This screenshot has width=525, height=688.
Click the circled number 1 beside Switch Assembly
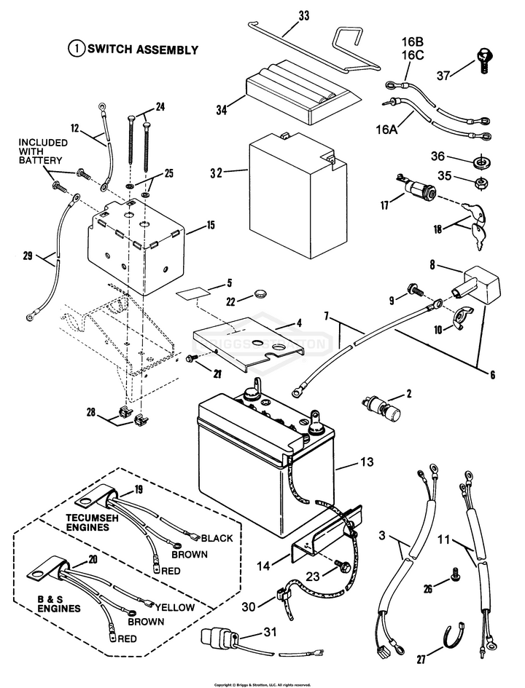pos(77,49)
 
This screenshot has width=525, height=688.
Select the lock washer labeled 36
pos(481,162)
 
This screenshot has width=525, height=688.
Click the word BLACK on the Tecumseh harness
pos(217,538)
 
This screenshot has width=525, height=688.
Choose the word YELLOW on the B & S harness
pos(174,607)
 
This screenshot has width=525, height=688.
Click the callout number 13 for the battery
pos(367,462)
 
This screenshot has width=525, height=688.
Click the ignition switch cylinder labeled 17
pos(416,189)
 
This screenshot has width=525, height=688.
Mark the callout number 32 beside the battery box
pos(216,173)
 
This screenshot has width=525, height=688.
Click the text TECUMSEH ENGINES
pos(93,522)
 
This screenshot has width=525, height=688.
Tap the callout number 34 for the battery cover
pos(222,110)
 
